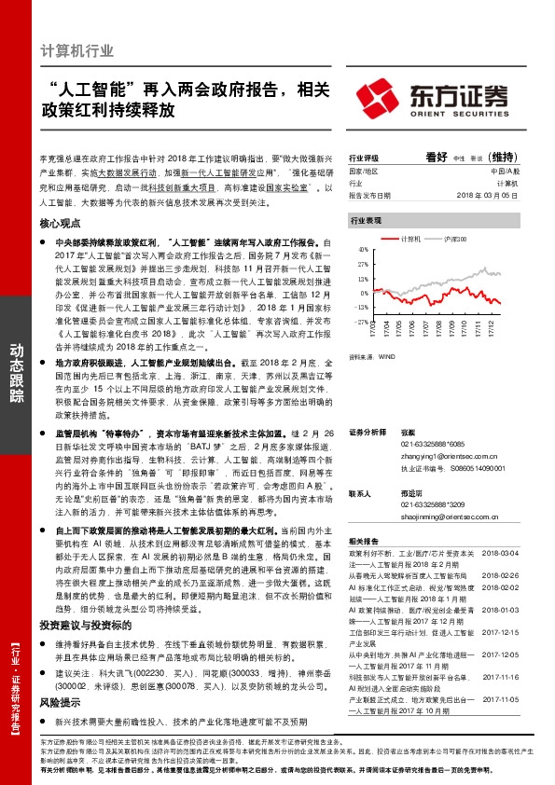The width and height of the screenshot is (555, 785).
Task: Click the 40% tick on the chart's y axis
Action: (x=359, y=251)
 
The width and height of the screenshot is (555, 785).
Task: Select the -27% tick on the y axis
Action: (x=358, y=322)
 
